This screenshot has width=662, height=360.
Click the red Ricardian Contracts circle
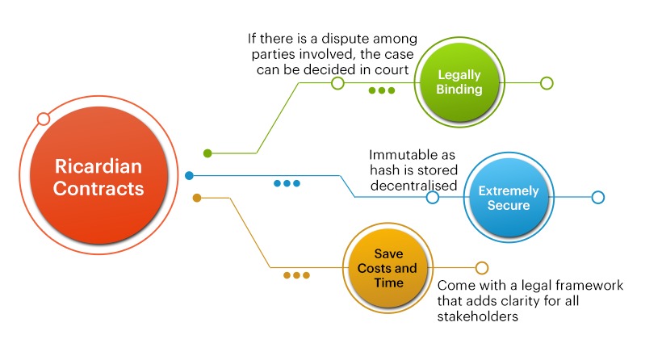pyautogui.click(x=98, y=175)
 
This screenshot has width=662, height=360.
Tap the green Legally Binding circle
pyautogui.click(x=459, y=82)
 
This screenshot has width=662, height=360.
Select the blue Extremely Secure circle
pyautogui.click(x=509, y=198)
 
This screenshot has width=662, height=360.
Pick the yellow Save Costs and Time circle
pyautogui.click(x=388, y=268)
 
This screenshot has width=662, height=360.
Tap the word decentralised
pyautogui.click(x=413, y=186)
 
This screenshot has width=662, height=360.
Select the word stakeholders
pyautogui.click(x=477, y=316)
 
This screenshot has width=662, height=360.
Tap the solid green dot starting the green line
pyautogui.click(x=207, y=153)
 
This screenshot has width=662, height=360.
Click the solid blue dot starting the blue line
pyautogui.click(x=189, y=176)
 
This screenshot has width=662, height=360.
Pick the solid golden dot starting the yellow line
pyautogui.click(x=197, y=198)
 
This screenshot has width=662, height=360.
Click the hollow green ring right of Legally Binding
pyautogui.click(x=547, y=83)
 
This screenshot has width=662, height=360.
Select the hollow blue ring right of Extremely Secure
pyautogui.click(x=598, y=197)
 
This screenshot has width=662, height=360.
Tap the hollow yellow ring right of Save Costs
pyautogui.click(x=482, y=267)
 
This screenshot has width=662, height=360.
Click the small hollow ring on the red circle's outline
pyautogui.click(x=44, y=119)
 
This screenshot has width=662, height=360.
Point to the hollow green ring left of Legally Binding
pyautogui.click(x=337, y=83)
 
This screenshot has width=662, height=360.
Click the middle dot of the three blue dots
pyautogui.click(x=287, y=183)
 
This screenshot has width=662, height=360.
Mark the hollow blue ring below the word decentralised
pyautogui.click(x=433, y=197)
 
